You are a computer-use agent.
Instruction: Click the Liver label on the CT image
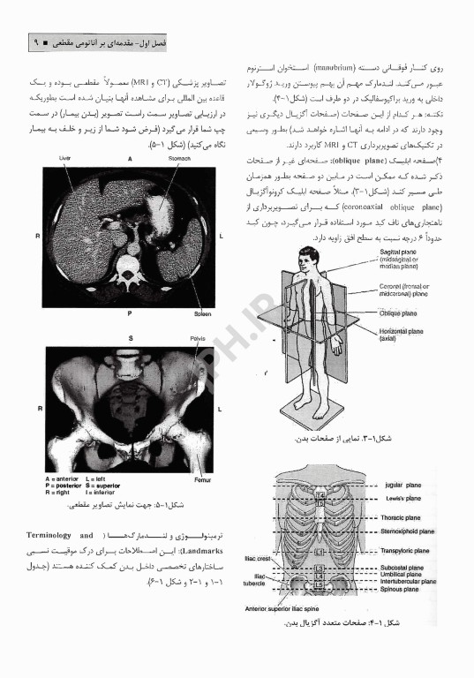pos(64,158)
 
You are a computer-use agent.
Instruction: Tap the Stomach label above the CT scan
pos(179,158)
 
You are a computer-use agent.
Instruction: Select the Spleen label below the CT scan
pos(202,314)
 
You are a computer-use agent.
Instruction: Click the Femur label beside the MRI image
pos(202,480)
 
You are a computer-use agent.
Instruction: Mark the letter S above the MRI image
pos(131,338)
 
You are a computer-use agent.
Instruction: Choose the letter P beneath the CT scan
pos(130,314)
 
